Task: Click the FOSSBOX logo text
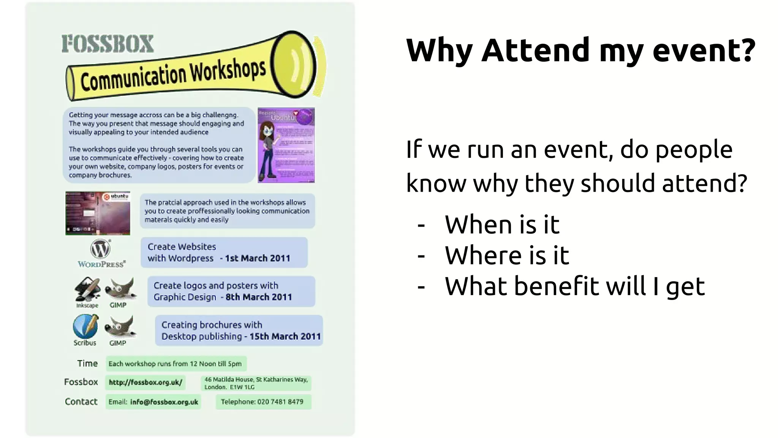(108, 44)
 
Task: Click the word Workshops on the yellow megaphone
(228, 71)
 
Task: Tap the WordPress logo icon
(100, 249)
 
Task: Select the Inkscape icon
(87, 290)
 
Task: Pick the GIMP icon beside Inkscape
(120, 289)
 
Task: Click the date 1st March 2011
(257, 259)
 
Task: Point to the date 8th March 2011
(259, 297)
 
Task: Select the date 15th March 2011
(285, 336)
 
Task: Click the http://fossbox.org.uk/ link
(145, 382)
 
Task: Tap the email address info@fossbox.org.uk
(164, 402)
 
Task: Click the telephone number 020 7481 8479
(280, 402)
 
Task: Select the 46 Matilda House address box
(256, 383)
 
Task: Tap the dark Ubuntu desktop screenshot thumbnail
(98, 213)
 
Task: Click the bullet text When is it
(502, 225)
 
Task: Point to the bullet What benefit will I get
(574, 286)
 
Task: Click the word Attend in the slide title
(535, 50)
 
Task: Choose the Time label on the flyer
(87, 364)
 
